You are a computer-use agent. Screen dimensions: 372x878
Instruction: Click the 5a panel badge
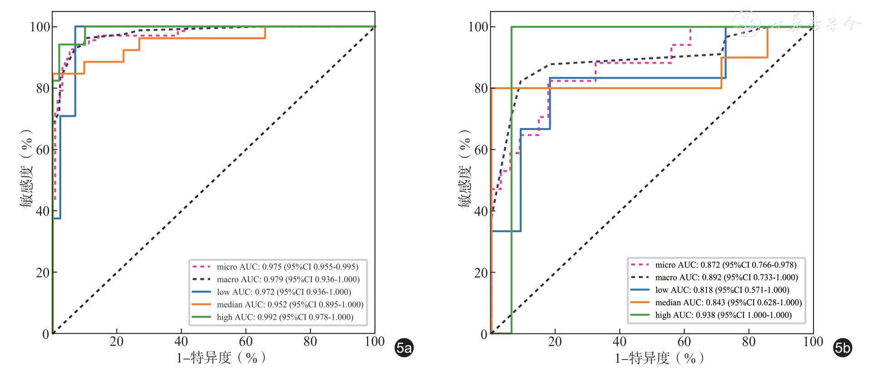[404, 348]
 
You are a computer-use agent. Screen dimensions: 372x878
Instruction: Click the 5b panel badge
[842, 348]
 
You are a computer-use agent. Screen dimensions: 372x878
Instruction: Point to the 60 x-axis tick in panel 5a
[246, 342]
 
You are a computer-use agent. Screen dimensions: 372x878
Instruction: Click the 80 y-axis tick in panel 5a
[43, 88]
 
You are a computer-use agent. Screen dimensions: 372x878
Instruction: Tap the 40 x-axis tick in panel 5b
[620, 342]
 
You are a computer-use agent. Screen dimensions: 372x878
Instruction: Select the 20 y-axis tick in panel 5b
[481, 273]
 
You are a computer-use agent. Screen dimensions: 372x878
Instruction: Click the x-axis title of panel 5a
[221, 358]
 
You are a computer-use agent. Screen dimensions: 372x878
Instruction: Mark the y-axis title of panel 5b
[464, 168]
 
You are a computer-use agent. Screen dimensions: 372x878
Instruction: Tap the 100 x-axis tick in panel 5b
[813, 342]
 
